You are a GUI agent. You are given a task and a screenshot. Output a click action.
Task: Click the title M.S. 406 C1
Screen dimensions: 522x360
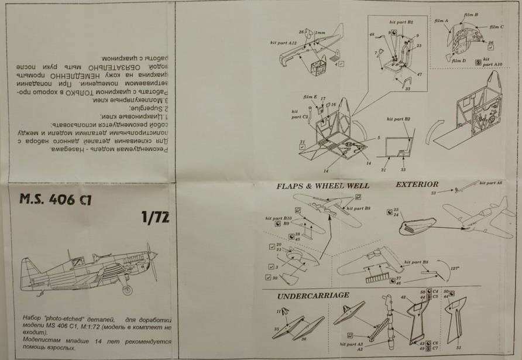[x=55, y=198]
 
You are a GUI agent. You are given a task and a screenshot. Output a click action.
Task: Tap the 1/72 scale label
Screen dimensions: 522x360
[x=155, y=218]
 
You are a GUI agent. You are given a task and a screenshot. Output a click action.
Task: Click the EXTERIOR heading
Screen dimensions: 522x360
[x=417, y=184]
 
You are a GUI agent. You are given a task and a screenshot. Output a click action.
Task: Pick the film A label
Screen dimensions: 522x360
[x=441, y=20]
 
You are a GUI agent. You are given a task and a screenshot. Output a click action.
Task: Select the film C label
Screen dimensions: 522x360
[x=496, y=27]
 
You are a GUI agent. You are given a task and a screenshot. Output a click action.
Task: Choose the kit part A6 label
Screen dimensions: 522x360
[x=490, y=183]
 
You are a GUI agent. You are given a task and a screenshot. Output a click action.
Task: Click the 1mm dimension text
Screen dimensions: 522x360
[x=320, y=32]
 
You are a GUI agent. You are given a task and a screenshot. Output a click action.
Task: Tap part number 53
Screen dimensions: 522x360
[x=434, y=192]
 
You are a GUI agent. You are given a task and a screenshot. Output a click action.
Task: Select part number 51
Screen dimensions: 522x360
[x=458, y=347]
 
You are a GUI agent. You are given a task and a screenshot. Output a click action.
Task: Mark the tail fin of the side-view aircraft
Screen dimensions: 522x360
[x=30, y=272]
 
